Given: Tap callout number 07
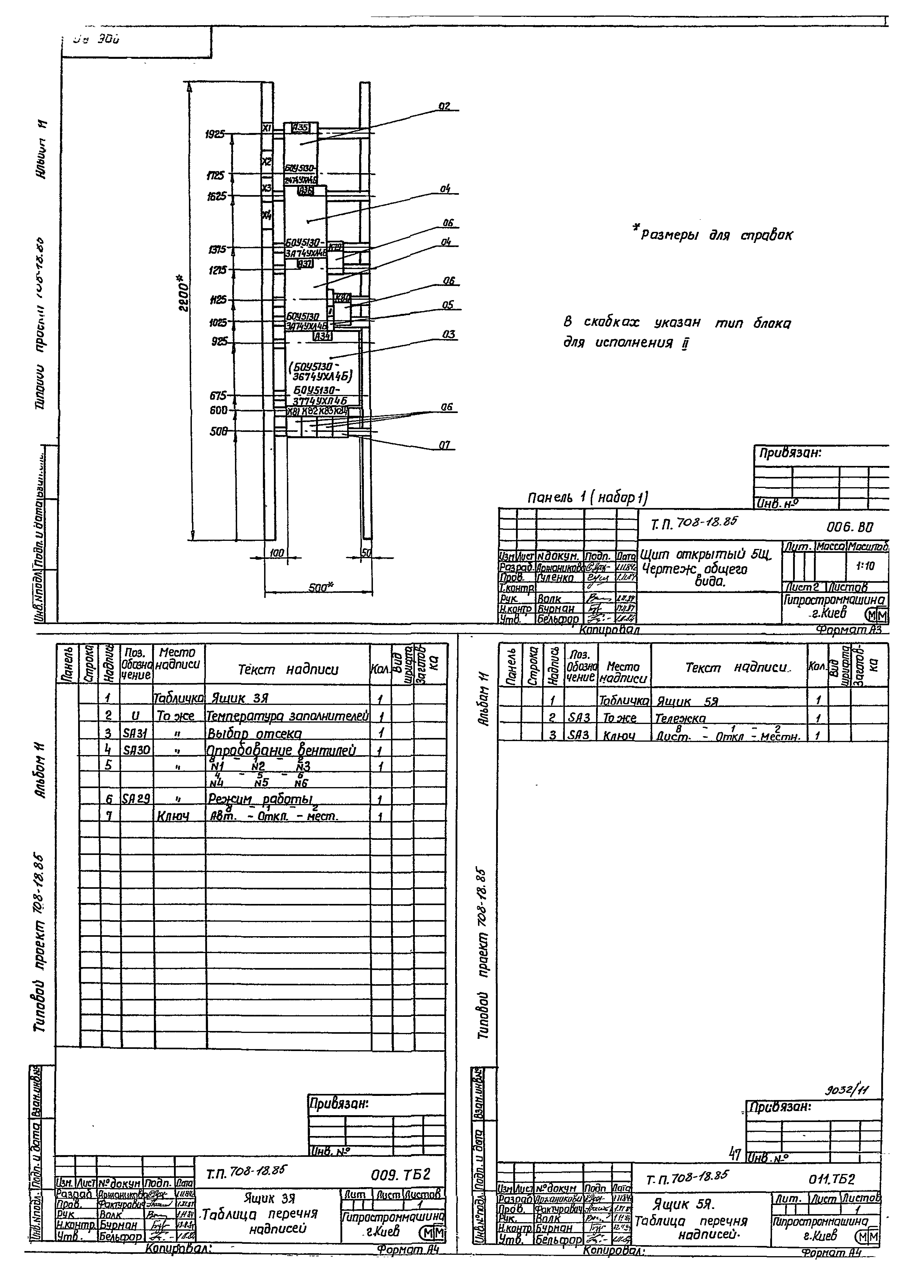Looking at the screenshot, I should [x=445, y=445].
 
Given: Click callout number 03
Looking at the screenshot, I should [x=448, y=334].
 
